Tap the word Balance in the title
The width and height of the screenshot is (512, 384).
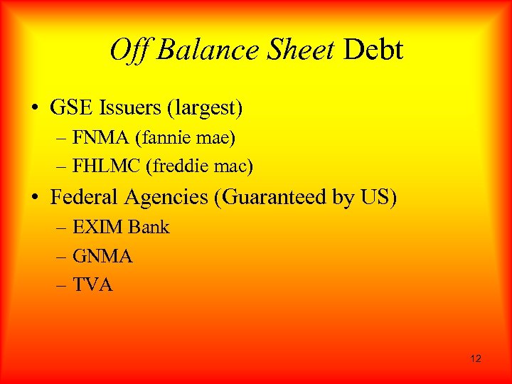click(x=207, y=50)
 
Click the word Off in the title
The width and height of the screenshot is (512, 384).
click(x=130, y=50)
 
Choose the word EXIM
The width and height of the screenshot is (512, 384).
click(x=97, y=228)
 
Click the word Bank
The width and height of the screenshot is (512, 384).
click(x=149, y=228)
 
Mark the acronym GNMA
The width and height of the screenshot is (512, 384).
click(x=102, y=256)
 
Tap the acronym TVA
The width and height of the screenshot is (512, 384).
click(x=92, y=285)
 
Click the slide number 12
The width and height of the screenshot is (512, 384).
click(x=476, y=358)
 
